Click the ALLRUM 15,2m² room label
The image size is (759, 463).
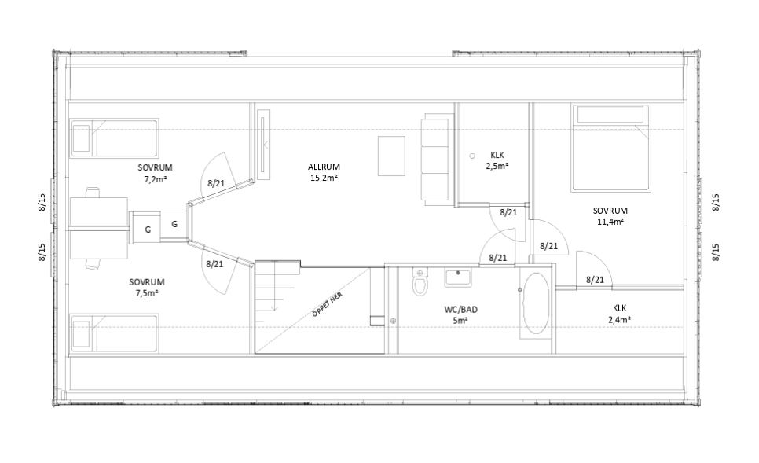click(x=324, y=172)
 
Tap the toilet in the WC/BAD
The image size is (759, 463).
click(x=420, y=281)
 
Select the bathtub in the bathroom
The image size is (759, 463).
click(x=536, y=303)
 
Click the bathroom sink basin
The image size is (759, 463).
click(x=458, y=278)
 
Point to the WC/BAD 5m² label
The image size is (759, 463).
click(x=460, y=314)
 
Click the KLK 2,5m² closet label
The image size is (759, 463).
click(x=497, y=160)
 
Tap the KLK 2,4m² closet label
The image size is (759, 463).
click(x=619, y=314)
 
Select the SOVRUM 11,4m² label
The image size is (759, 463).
click(x=610, y=216)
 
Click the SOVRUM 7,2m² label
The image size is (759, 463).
click(x=155, y=173)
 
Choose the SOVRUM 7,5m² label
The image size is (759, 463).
click(x=147, y=287)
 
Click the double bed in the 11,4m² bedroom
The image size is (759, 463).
click(x=610, y=147)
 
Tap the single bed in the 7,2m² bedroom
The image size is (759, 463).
click(x=115, y=138)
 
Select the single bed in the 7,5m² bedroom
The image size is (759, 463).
click(x=115, y=333)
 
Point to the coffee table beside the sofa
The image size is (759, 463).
click(x=391, y=156)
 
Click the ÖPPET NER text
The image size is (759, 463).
click(x=328, y=304)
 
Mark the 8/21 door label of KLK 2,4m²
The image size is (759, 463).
click(x=595, y=279)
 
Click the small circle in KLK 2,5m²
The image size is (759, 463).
click(x=472, y=156)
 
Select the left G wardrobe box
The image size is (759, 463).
click(x=148, y=230)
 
